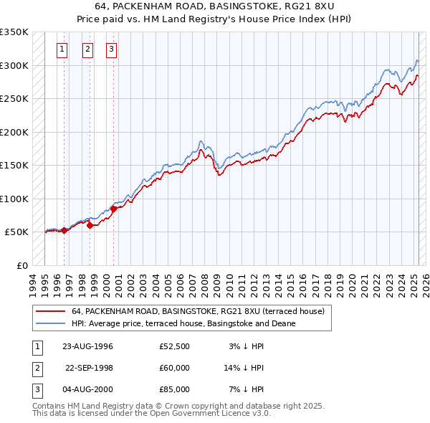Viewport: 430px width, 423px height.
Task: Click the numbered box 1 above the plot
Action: (62, 49)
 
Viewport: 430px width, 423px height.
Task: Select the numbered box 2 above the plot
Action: (87, 49)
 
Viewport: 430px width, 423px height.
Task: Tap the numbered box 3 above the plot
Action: (112, 49)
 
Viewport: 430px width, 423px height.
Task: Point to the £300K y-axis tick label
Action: (14, 65)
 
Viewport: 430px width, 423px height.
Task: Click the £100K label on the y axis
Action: (14, 199)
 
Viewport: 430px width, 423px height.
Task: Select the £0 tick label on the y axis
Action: (21, 265)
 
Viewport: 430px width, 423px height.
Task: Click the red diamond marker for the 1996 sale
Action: (64, 230)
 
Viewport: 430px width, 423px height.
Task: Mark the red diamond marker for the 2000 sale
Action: (113, 209)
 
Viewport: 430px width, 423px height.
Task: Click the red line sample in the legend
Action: (49, 311)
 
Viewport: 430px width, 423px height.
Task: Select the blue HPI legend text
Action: (183, 323)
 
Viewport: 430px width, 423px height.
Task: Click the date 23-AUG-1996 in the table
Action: (88, 346)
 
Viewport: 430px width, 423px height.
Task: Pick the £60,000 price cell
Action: (174, 368)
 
